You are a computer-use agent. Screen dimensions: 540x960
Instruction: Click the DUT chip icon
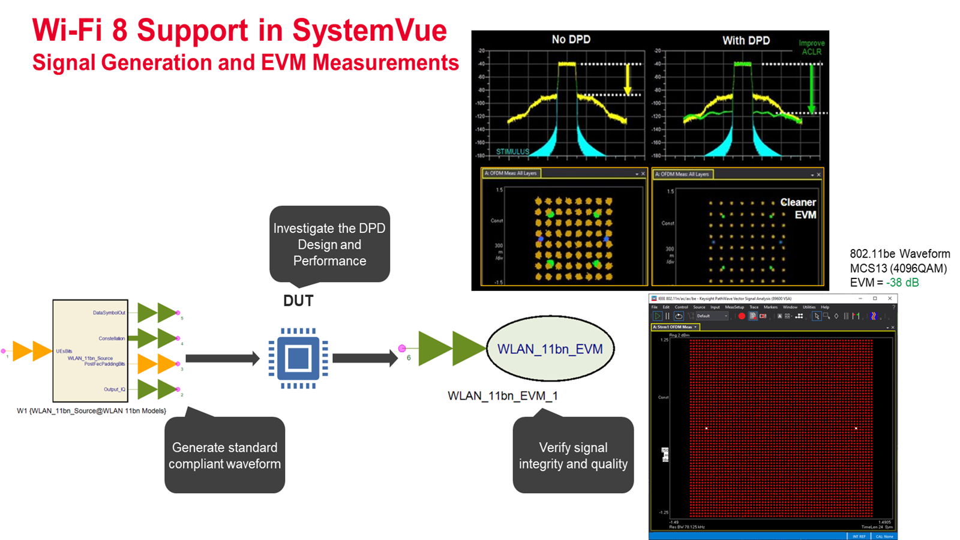point(298,358)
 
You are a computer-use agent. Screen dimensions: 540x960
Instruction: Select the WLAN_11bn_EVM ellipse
point(550,349)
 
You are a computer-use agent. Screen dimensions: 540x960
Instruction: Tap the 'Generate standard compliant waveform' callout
point(224,455)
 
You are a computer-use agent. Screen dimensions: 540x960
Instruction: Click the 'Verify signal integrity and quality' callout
point(573,455)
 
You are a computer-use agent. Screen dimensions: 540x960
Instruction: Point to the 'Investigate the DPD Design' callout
point(329,244)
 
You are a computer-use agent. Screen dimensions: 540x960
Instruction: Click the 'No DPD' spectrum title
point(571,40)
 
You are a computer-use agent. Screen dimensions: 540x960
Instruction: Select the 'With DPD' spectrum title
point(746,40)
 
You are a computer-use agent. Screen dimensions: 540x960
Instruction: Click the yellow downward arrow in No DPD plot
point(628,79)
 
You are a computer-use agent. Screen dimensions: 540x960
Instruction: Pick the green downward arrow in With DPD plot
point(811,88)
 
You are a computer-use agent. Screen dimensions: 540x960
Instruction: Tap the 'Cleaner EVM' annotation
point(799,208)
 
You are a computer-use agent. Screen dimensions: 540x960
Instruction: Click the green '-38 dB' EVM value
point(902,283)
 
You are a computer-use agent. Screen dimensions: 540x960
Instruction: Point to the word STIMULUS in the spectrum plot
point(512,152)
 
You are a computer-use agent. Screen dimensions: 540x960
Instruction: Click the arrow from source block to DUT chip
point(222,359)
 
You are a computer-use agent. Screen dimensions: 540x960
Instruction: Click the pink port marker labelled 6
point(402,348)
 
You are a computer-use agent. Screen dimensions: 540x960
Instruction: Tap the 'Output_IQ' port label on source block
point(115,389)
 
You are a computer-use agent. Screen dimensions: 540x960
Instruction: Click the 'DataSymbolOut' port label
point(109,313)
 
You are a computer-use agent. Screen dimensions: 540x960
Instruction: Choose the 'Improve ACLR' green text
point(811,47)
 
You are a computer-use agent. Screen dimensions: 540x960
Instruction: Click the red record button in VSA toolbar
point(742,316)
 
